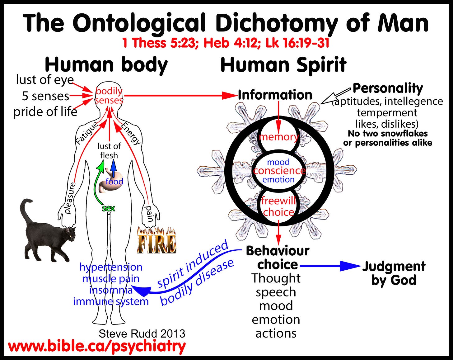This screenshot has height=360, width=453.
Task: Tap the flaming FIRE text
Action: point(156,240)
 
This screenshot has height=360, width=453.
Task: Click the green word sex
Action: point(109,208)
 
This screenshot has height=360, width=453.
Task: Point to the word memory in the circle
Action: point(278,137)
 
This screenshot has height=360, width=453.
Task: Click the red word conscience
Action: point(279,171)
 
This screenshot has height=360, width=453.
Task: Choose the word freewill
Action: point(278,201)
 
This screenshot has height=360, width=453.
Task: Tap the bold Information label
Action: point(275,95)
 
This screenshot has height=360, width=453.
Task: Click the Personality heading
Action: point(388,88)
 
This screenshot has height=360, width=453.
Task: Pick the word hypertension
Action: point(111,267)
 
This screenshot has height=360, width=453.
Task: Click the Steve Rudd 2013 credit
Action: point(142,334)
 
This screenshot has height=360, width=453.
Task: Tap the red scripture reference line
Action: point(226,43)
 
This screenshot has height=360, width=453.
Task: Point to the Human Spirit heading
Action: point(283,65)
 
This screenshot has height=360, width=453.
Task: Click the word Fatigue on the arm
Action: point(87,133)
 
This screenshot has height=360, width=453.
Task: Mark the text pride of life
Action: point(45,112)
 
